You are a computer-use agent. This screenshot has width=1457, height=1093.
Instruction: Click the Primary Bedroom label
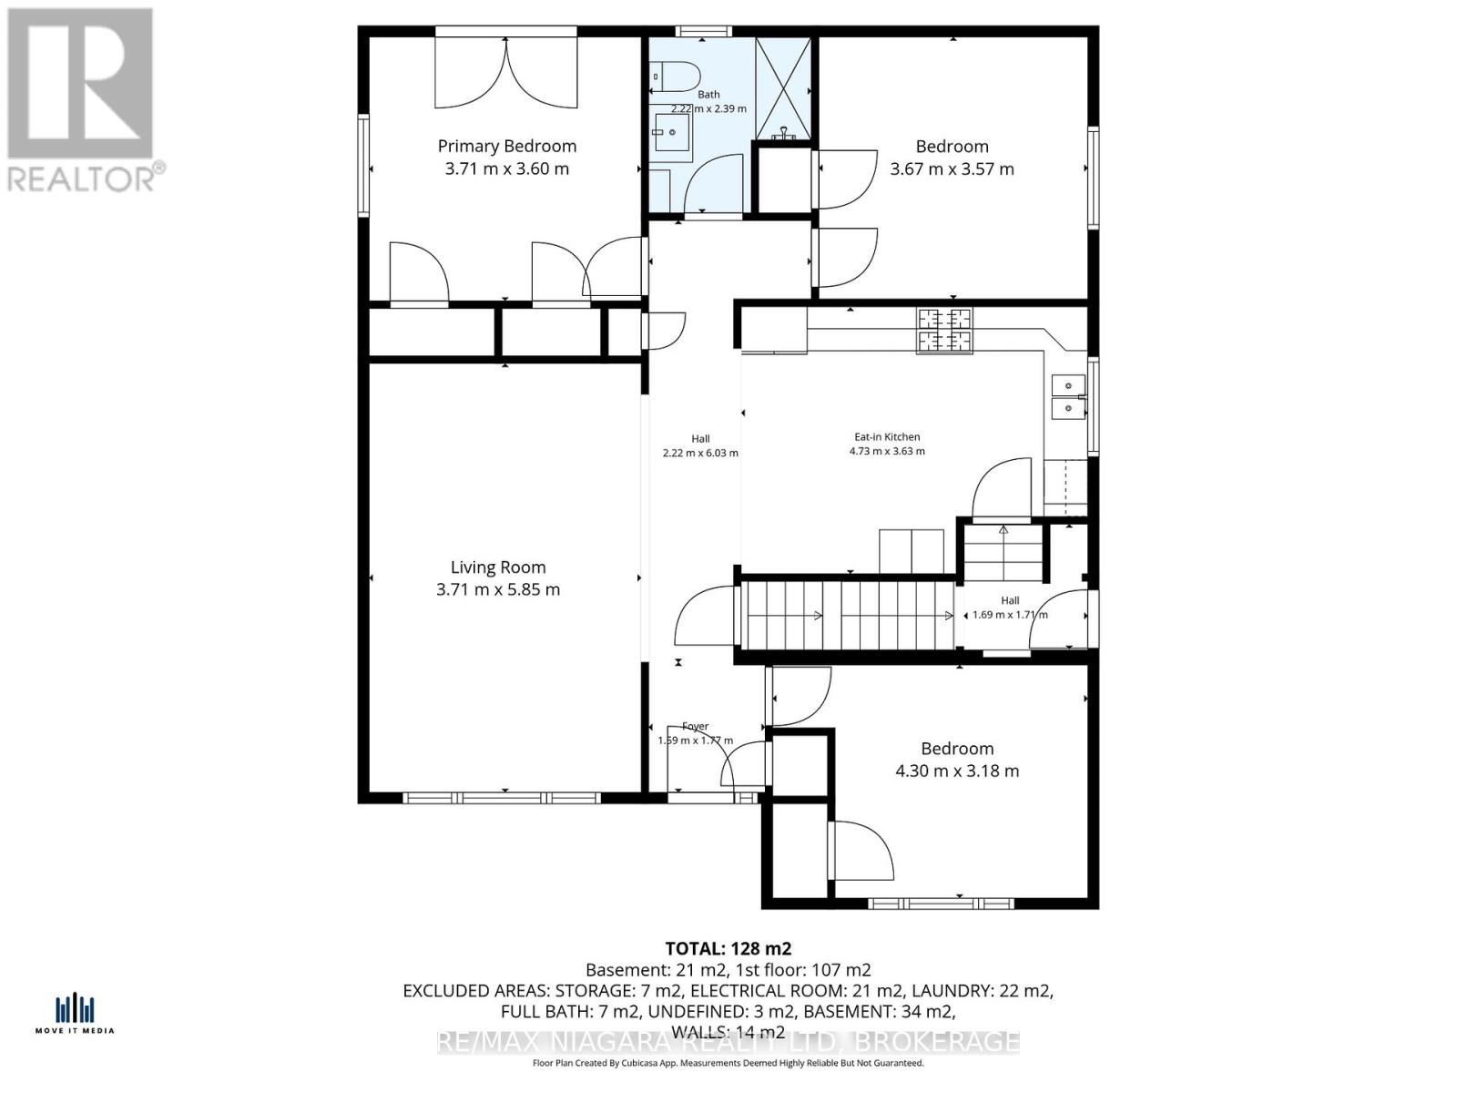pyautogui.click(x=506, y=146)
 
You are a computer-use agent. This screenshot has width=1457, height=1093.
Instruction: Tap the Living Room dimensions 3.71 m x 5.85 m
pyautogui.click(x=498, y=589)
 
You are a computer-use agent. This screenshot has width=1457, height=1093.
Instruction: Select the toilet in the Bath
pyautogui.click(x=675, y=77)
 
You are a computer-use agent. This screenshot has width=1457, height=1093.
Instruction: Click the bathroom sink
pyautogui.click(x=672, y=132)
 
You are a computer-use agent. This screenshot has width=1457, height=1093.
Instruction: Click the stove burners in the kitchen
pyautogui.click(x=944, y=330)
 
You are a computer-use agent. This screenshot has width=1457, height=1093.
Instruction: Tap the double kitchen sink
pyautogui.click(x=1067, y=396)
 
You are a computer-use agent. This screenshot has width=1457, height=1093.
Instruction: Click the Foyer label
pyautogui.click(x=696, y=726)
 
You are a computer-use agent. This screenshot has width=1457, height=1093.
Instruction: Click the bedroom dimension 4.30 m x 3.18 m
pyautogui.click(x=957, y=771)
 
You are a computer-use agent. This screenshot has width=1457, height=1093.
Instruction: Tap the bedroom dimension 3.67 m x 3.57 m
pyautogui.click(x=952, y=169)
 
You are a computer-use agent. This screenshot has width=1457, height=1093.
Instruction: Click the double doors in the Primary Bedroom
pyautogui.click(x=505, y=73)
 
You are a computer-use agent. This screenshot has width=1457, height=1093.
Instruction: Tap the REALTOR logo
pyautogui.click(x=82, y=100)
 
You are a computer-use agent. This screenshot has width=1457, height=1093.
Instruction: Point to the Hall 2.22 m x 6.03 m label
pyautogui.click(x=699, y=445)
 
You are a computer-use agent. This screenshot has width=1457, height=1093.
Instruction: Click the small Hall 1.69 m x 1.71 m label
pyautogui.click(x=1010, y=608)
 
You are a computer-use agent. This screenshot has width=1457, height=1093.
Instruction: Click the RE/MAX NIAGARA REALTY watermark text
pyautogui.click(x=728, y=1042)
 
